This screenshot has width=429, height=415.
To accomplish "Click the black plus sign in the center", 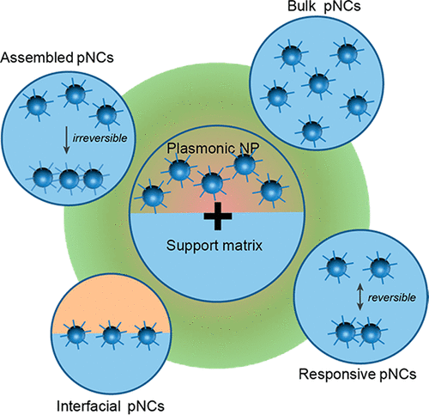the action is [x=218, y=216].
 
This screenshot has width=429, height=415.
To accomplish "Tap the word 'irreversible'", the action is [x=100, y=138].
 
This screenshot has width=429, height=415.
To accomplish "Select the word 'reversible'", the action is [x=392, y=297].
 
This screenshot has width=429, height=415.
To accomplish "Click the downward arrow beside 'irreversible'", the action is [x=66, y=140].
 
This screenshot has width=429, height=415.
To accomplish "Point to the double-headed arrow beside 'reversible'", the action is [x=360, y=298].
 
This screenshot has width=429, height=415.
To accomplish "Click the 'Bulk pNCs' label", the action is [x=324, y=6].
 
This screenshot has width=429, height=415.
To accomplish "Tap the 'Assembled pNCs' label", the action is [x=57, y=58].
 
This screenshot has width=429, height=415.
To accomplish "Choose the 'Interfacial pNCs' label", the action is [x=111, y=406].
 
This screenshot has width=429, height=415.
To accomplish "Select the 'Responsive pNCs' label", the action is [x=358, y=374].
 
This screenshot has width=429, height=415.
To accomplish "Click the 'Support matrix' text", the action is [x=214, y=246].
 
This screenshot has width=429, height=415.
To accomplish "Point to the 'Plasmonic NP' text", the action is [x=213, y=148].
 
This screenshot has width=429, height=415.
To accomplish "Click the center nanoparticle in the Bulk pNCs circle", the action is [x=318, y=82].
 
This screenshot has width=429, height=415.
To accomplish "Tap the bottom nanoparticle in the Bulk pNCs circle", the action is [x=312, y=131].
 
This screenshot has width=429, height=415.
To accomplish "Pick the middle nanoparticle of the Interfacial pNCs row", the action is [x=112, y=335].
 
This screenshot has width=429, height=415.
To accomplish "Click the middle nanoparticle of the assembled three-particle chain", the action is [x=69, y=179].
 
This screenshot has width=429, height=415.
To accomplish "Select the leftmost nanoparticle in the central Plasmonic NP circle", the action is [x=153, y=196].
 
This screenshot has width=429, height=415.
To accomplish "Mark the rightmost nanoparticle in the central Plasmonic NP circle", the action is [x=270, y=191].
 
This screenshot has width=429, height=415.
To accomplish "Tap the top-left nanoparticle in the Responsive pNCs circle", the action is [x=337, y=267].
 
